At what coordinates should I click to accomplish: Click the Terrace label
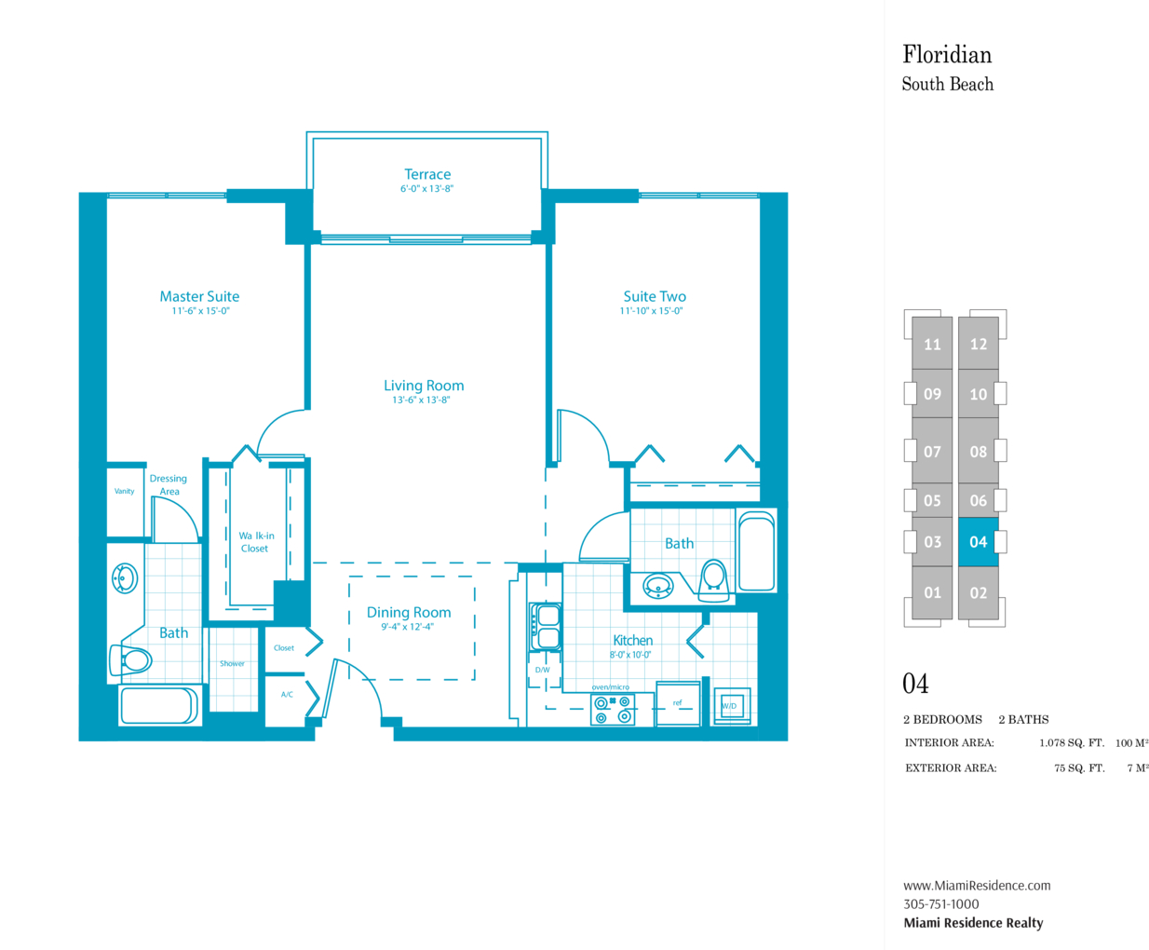[427, 174]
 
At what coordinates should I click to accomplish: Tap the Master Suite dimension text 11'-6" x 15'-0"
[201, 311]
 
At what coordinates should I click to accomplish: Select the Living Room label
[424, 386]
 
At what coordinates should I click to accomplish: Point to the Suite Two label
[655, 296]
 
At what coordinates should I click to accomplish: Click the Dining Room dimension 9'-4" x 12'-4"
[408, 627]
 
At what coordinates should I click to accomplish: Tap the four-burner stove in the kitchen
[613, 710]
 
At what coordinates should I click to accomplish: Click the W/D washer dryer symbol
[732, 706]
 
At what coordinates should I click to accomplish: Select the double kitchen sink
[546, 628]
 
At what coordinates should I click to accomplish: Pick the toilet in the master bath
[131, 660]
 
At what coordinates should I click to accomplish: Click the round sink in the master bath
[125, 578]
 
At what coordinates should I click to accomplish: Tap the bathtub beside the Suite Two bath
[757, 551]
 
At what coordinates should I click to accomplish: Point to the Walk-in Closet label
[256, 542]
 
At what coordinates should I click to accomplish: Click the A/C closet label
[287, 695]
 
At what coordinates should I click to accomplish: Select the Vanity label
[125, 491]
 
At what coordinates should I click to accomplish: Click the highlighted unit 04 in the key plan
[979, 542]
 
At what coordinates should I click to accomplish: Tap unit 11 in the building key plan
[932, 344]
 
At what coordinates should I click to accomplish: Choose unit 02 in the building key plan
[979, 592]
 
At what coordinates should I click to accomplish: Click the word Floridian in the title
[947, 55]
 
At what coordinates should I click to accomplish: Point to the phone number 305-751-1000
[941, 903]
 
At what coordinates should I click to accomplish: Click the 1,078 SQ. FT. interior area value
[1072, 743]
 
